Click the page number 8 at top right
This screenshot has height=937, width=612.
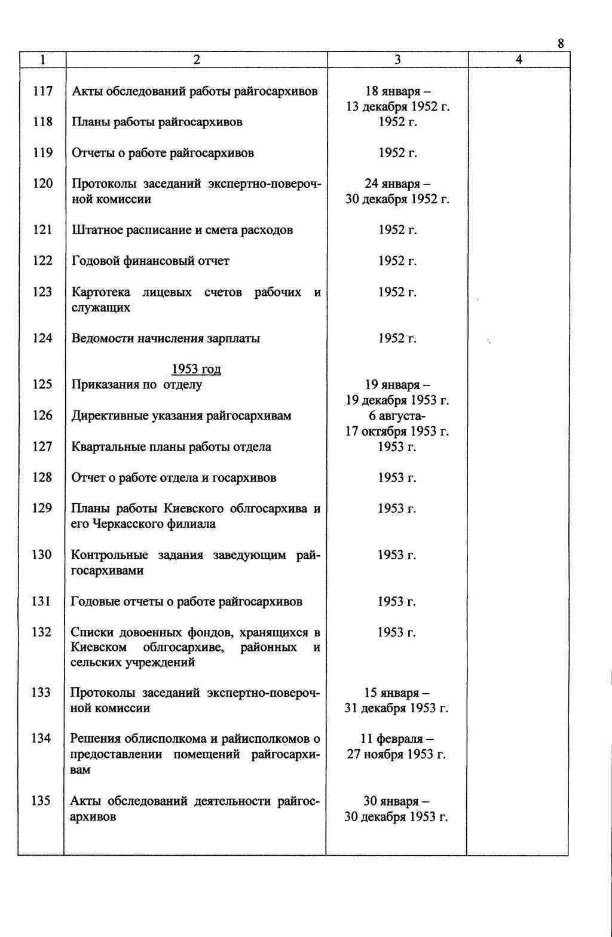point(561,43)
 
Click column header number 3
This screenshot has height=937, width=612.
point(398,60)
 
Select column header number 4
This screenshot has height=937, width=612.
point(519,60)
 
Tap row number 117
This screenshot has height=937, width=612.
point(42,91)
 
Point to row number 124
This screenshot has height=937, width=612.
point(42,339)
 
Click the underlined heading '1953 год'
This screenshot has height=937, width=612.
point(196,369)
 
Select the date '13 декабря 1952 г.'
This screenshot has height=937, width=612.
point(398,107)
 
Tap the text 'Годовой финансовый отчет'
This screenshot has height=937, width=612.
point(150,261)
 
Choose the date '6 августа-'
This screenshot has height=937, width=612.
point(397,416)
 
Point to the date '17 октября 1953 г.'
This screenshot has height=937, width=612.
point(397,431)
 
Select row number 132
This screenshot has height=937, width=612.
point(41,632)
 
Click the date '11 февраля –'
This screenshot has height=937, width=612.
point(397,739)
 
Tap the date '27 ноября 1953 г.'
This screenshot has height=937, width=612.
point(397,754)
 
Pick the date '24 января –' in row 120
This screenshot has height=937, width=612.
point(397,184)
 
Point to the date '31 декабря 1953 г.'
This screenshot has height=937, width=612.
point(397,708)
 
